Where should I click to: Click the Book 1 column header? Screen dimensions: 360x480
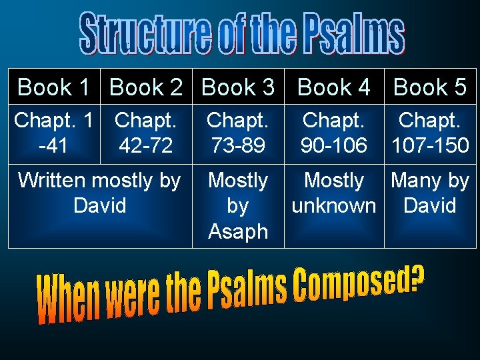pyautogui.click(x=54, y=87)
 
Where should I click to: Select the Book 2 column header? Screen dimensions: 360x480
pyautogui.click(x=146, y=87)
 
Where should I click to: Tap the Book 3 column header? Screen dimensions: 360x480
pyautogui.click(x=238, y=87)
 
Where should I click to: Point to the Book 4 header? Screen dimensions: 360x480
pyautogui.click(x=334, y=87)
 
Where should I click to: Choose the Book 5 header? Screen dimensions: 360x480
pyautogui.click(x=430, y=87)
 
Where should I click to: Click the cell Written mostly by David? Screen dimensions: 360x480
pyautogui.click(x=100, y=193)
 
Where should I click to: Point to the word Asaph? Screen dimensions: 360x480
pyautogui.click(x=238, y=231)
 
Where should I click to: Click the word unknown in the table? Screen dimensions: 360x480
pyautogui.click(x=334, y=206)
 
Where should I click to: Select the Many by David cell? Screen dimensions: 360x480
pyautogui.click(x=430, y=193)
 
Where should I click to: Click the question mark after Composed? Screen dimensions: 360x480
pyautogui.click(x=417, y=279)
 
